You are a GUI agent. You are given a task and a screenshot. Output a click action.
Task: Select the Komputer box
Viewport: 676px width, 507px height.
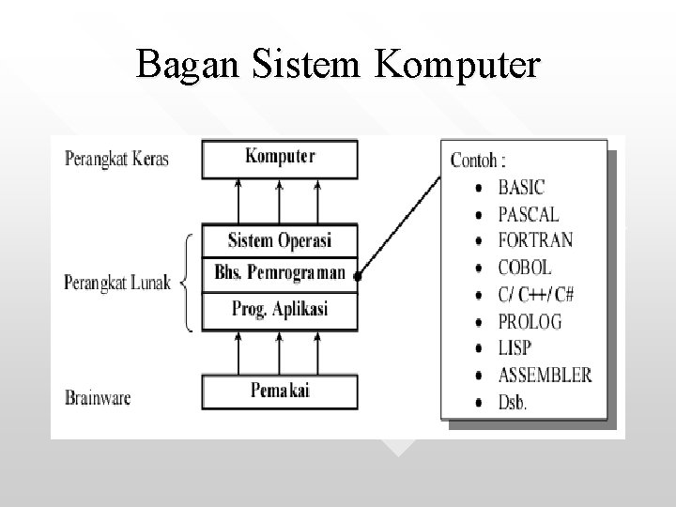point(280,157)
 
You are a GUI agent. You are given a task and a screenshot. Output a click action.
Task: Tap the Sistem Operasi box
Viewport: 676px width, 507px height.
point(280,239)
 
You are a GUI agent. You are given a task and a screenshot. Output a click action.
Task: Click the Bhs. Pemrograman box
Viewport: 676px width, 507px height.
point(280,273)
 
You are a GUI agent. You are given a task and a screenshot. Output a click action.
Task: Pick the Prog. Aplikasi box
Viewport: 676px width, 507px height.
point(280,309)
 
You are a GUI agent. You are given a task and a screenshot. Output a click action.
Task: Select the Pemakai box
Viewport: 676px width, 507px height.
point(280,390)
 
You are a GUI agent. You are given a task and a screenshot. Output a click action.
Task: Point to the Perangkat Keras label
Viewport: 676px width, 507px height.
point(116,158)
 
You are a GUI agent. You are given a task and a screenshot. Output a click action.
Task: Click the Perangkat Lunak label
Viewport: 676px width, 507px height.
point(116,282)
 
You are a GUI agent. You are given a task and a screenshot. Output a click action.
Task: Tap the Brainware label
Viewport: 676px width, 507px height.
point(98,397)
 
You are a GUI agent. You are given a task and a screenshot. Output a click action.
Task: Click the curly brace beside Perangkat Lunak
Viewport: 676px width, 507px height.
point(188,280)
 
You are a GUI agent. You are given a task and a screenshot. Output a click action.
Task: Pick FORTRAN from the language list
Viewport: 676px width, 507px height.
point(536,240)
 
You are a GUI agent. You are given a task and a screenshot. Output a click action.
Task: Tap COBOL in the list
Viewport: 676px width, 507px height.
point(525,268)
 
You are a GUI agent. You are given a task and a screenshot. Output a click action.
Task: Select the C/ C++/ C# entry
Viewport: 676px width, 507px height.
point(536,294)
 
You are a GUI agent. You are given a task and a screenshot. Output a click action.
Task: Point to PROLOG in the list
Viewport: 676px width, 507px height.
point(530,321)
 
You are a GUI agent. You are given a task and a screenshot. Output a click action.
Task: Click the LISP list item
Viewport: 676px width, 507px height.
point(515,348)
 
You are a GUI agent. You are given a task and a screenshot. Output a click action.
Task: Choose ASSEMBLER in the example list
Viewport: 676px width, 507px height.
point(545,375)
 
